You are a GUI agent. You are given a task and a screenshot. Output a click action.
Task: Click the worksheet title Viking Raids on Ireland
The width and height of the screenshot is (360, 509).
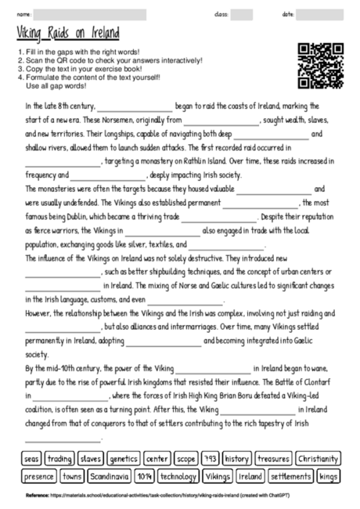tap(67, 34)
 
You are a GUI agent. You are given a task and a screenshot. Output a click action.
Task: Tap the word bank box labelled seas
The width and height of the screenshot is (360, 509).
tap(32, 458)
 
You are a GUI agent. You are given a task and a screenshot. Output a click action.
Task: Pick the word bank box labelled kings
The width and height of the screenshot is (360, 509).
tap(329, 475)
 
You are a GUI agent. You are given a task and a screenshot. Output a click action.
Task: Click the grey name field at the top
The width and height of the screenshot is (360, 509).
tap(89, 14)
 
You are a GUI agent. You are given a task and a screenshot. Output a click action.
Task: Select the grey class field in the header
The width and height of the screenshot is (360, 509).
tap(241, 14)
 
